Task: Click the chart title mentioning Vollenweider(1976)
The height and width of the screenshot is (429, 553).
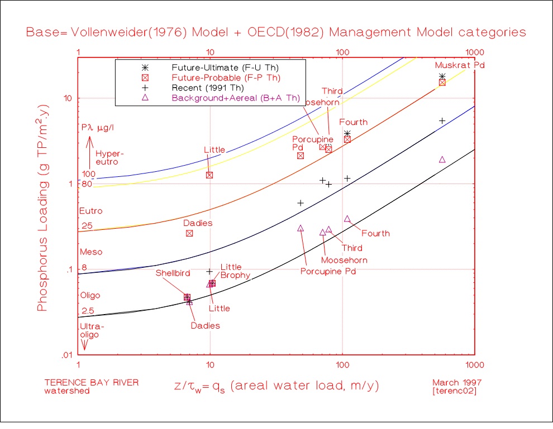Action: click(276, 32)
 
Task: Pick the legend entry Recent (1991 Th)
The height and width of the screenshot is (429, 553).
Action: click(208, 88)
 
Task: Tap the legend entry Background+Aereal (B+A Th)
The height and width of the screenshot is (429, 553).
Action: click(225, 98)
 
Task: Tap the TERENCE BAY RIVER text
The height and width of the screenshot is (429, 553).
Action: click(92, 383)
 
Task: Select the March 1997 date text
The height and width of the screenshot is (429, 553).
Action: click(456, 383)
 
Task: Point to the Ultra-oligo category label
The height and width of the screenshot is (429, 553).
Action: click(92, 330)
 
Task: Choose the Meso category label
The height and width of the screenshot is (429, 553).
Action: click(91, 252)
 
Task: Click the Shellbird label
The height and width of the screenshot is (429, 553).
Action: click(173, 273)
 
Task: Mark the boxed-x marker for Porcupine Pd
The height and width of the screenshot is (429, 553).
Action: click(301, 156)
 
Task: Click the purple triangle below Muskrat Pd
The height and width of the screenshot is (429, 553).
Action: click(442, 160)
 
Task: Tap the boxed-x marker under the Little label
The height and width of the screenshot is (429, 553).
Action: click(209, 175)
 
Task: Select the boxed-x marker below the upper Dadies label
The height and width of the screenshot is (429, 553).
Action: click(189, 233)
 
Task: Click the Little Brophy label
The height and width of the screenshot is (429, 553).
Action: click(231, 271)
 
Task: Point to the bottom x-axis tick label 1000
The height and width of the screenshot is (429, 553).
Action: click(474, 364)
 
